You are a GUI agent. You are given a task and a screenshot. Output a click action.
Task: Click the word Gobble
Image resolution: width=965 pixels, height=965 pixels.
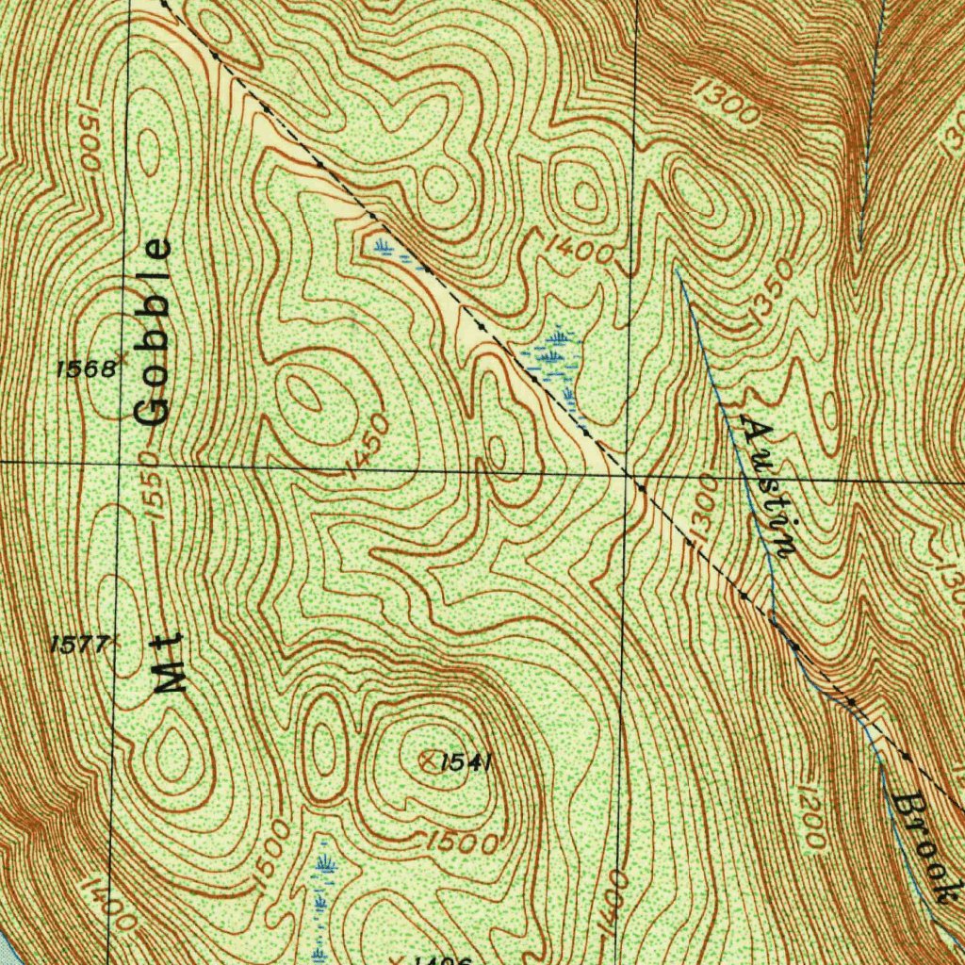click(154, 333)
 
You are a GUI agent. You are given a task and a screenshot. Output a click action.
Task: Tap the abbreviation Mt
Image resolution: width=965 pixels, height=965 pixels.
click(171, 665)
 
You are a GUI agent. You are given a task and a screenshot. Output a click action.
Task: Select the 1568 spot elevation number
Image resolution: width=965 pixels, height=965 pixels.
click(86, 368)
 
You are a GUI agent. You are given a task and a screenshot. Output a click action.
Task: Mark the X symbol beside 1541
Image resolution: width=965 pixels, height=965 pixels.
click(429, 761)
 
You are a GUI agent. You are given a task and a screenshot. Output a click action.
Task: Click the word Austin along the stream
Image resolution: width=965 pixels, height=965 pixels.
click(769, 486)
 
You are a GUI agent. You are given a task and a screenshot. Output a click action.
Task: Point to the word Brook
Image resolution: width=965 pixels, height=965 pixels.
click(920, 848)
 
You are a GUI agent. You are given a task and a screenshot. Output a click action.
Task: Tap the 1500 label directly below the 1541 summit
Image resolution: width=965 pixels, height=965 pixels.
click(461, 842)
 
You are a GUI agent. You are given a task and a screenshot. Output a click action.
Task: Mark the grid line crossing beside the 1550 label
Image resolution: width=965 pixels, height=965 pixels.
click(121, 463)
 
